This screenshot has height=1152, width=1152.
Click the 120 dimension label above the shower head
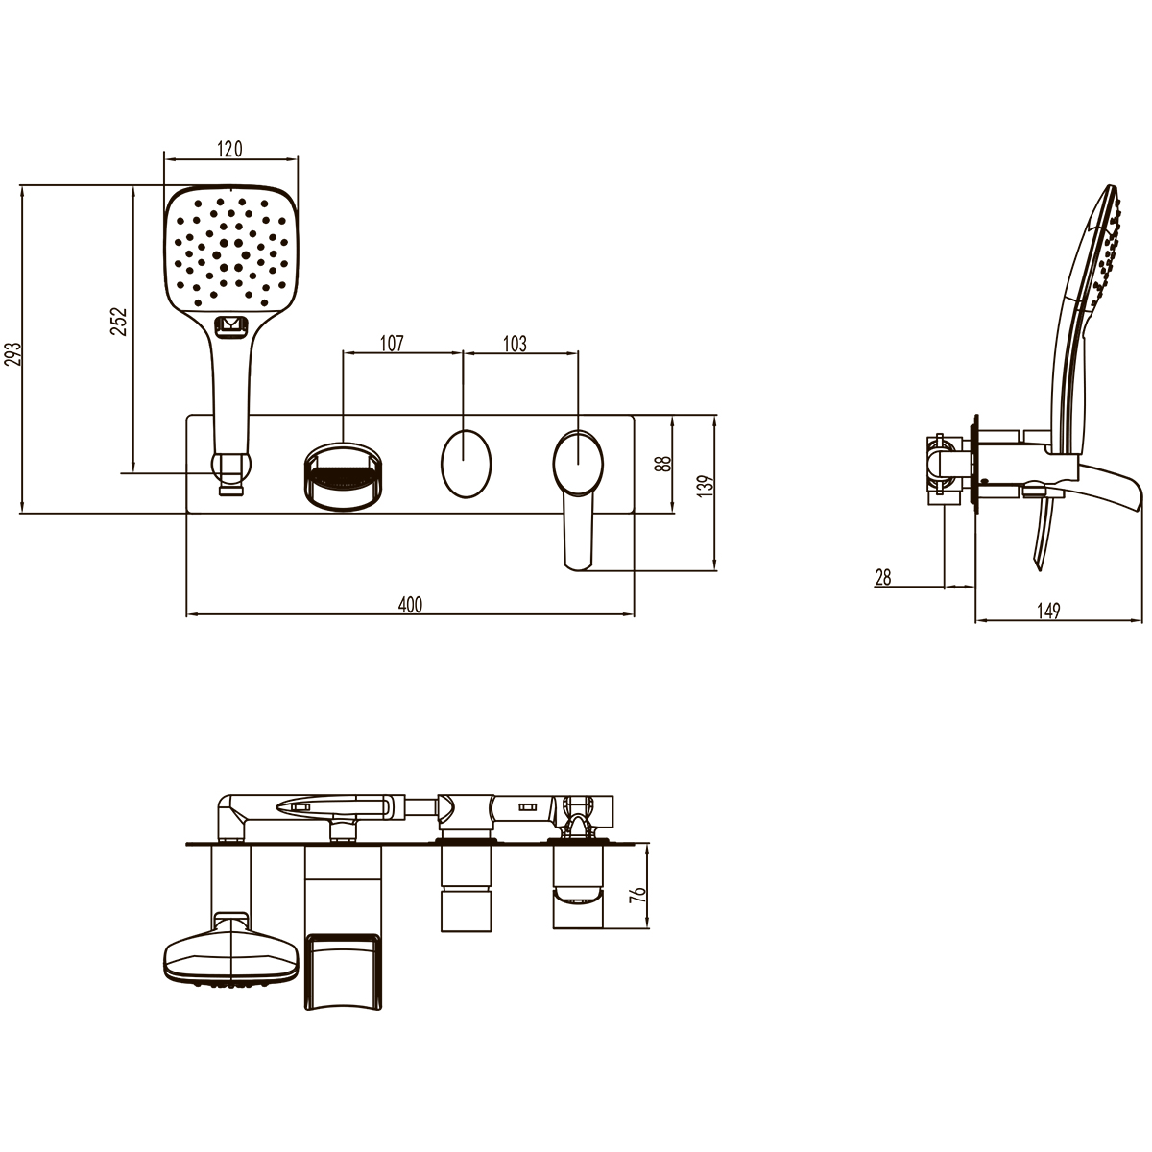point(230,149)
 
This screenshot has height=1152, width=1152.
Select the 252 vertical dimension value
point(120,321)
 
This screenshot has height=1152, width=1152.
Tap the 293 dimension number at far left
point(13,353)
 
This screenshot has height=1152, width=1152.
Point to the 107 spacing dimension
point(393,344)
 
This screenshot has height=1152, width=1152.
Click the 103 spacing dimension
point(515,344)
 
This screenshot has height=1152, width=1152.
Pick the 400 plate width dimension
point(410,605)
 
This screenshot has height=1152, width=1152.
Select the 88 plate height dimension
point(663,464)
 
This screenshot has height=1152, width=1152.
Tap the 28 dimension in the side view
point(883,578)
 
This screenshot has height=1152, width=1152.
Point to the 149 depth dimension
point(1048,611)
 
